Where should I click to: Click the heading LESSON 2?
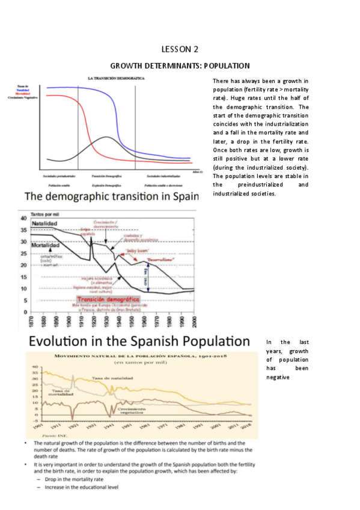click(x=180, y=49)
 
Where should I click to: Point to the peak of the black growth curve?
click(x=106, y=137)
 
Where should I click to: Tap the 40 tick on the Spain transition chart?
click(x=24, y=218)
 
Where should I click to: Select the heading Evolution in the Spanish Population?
click(x=136, y=341)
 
